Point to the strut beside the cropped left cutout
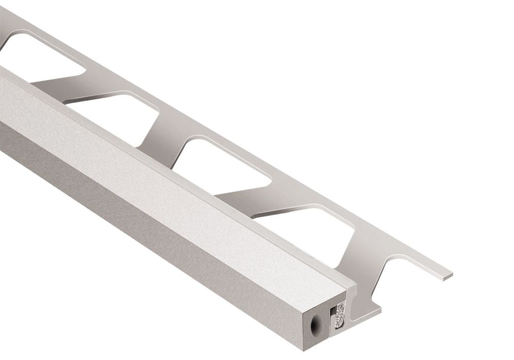[62, 82]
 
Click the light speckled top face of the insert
[154, 170]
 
